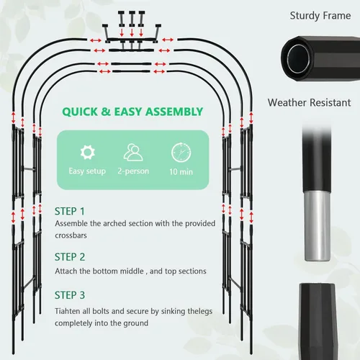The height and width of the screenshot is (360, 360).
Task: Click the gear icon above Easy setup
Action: [x=87, y=152]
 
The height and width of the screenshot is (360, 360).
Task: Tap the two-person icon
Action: [x=133, y=152]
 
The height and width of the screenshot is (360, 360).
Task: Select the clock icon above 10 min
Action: [x=181, y=152]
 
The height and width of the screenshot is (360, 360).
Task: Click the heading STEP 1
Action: [x=70, y=212]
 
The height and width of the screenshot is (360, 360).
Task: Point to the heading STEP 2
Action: [x=70, y=257]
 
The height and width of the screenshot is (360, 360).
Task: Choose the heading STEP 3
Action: [x=70, y=295]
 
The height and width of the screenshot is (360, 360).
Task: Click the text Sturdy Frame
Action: [x=320, y=16]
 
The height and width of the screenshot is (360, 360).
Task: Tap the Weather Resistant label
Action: [x=309, y=103]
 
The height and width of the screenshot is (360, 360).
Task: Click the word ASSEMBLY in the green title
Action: [x=174, y=112]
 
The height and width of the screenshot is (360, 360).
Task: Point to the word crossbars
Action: [x=71, y=235]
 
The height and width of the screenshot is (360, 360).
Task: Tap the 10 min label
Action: [x=181, y=172]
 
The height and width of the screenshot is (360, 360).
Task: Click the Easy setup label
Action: [x=87, y=171]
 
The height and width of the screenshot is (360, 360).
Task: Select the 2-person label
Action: [x=133, y=171]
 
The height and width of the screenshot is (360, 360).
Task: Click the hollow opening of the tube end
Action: [x=298, y=58]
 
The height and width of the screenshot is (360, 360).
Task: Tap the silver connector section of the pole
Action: [x=318, y=225]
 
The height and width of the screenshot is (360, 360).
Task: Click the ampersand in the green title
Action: [x=106, y=112]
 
